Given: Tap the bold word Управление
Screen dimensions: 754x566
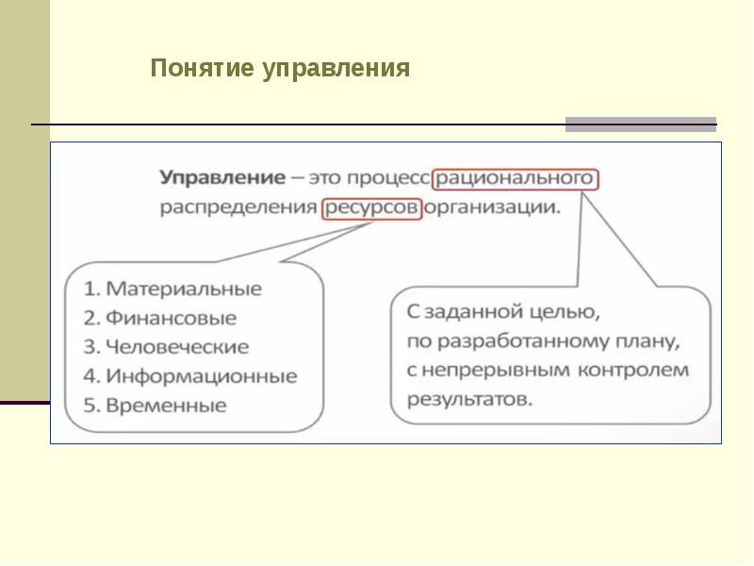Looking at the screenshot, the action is click(x=222, y=178).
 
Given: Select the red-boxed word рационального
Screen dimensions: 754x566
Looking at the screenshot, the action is click(x=516, y=178).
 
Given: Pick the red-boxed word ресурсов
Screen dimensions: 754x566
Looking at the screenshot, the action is click(x=371, y=208).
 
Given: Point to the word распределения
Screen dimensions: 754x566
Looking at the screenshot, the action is click(x=238, y=208).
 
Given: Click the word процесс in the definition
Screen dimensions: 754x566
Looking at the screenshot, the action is click(x=388, y=178).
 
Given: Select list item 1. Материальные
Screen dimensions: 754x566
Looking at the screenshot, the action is click(x=172, y=288).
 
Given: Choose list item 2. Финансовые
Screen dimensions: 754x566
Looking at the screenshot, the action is click(x=159, y=318).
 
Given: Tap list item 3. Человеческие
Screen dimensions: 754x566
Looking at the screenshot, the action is click(x=166, y=346).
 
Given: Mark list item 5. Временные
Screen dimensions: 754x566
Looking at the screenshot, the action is click(x=155, y=406).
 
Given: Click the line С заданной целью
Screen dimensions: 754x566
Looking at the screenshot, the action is click(x=501, y=310).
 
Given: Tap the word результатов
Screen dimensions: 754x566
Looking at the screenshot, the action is click(x=468, y=399).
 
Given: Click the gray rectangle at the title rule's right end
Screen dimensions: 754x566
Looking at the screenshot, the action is click(x=641, y=125).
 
